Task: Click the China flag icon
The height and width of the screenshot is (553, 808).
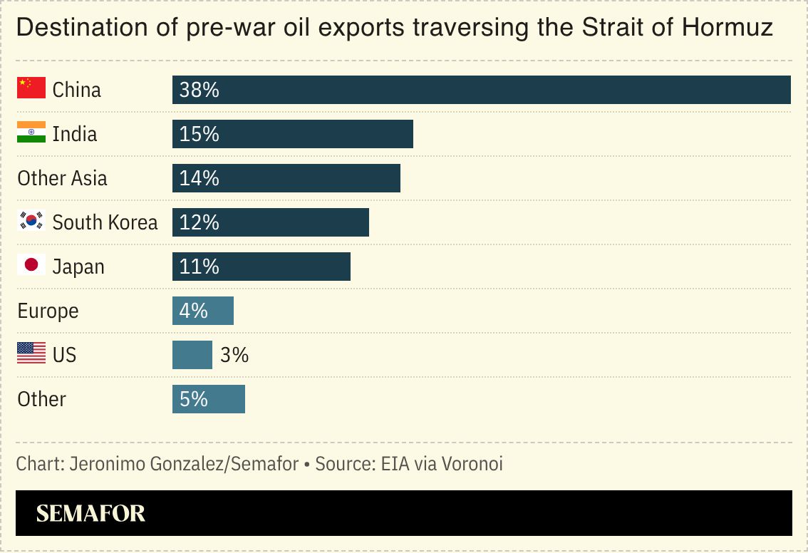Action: click(31, 88)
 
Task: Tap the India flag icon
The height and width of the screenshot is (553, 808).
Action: click(31, 133)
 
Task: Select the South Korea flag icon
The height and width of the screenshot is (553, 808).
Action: click(31, 222)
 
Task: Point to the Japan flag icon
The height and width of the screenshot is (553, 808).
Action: click(31, 266)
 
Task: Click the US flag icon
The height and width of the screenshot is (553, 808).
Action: click(31, 353)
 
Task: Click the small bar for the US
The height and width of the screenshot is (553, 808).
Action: click(192, 355)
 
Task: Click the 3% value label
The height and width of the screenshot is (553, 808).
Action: click(234, 355)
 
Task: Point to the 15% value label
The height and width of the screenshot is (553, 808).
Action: click(199, 134)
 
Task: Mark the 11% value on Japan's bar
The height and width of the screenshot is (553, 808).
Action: click(199, 267)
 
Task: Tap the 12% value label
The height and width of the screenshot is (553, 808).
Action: click(199, 222)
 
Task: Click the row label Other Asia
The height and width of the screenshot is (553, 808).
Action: click(62, 178)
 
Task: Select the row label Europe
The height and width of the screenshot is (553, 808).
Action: click(48, 311)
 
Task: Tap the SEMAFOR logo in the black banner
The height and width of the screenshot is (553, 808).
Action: click(90, 513)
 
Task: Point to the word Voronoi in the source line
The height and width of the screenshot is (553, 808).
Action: click(472, 464)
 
